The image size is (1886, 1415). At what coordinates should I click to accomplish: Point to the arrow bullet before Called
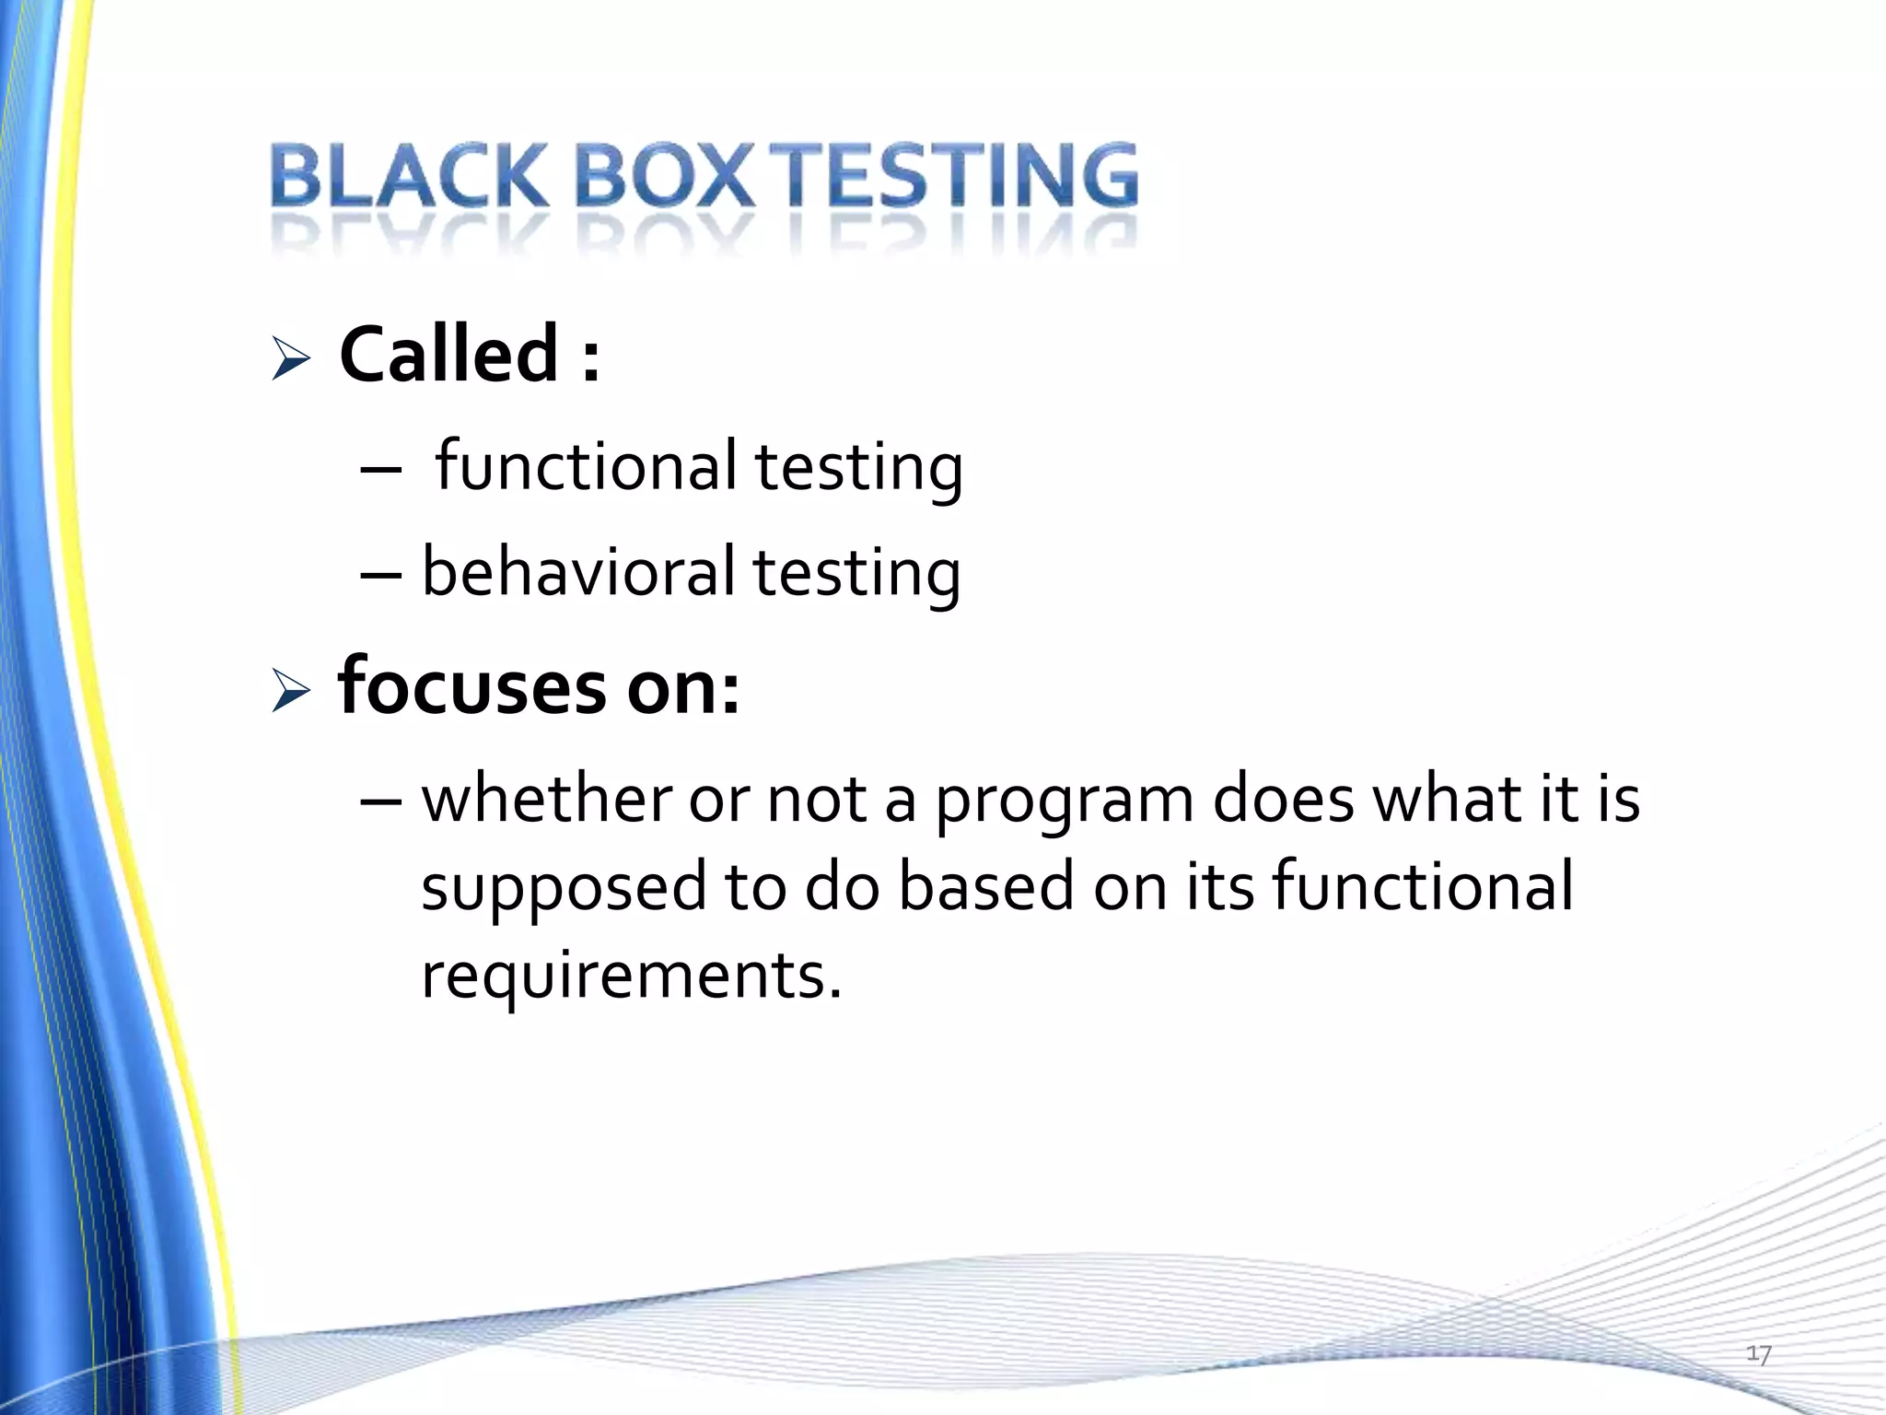click(291, 358)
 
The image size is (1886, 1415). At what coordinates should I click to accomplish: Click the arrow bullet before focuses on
click(291, 692)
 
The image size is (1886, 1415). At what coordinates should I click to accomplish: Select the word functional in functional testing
click(586, 466)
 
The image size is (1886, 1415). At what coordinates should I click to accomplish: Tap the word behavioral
click(578, 572)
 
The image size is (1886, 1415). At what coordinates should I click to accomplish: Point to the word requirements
click(631, 975)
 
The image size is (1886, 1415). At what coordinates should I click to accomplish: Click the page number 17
click(1759, 1354)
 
